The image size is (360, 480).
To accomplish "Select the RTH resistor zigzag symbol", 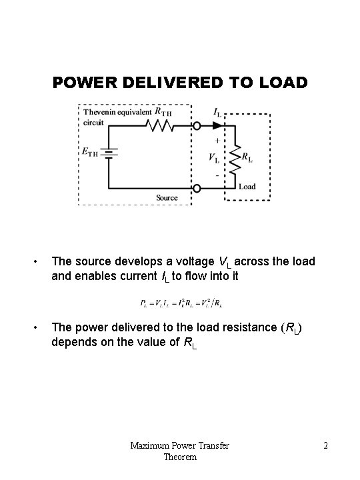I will tap(159, 125).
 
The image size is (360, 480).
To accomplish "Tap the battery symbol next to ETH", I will tap(110, 154).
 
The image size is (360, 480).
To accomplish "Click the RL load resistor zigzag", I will tap(237, 157).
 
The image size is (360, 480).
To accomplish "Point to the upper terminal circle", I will tap(196, 125).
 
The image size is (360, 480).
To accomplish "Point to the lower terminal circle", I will tap(196, 188).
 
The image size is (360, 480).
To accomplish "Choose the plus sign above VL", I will tap(217, 141).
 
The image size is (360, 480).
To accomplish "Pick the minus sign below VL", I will tap(217, 175).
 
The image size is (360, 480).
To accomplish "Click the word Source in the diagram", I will tap(167, 198).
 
